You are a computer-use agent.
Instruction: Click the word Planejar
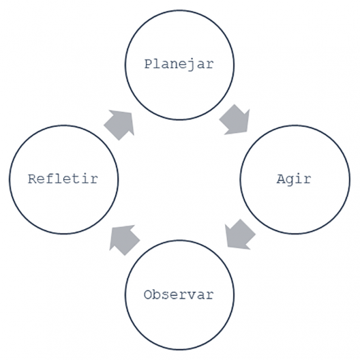[179, 64]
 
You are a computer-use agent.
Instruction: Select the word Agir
[294, 179]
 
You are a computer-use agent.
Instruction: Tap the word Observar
[179, 295]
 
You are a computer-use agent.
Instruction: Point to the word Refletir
[63, 179]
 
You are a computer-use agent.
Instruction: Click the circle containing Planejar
[179, 10]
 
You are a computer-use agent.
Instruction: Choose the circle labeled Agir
[295, 125]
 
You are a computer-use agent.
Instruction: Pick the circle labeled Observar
[179, 241]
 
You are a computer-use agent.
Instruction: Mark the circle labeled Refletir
[64, 125]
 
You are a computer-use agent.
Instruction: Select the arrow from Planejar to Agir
[235, 120]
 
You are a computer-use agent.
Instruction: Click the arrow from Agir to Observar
[240, 235]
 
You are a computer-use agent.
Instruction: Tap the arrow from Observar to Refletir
[124, 240]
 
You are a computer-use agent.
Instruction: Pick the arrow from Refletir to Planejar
[119, 125]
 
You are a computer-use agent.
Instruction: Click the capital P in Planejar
[148, 64]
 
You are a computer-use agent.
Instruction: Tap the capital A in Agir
[280, 179]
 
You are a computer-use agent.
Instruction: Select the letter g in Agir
[289, 181]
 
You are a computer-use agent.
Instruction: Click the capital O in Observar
[148, 295]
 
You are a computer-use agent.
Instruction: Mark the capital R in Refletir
[32, 179]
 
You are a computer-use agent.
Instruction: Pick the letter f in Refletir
[50, 179]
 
